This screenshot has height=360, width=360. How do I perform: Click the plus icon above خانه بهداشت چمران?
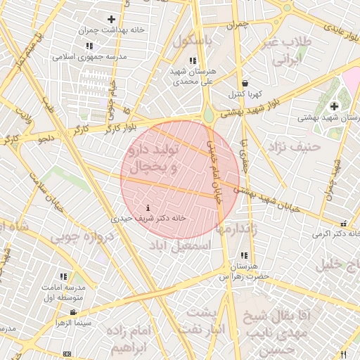(111, 19)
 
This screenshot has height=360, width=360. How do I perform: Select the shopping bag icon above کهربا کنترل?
(244, 83)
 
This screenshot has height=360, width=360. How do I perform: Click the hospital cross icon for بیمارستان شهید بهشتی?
(334, 106)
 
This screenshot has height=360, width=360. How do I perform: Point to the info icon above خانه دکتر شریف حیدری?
(148, 208)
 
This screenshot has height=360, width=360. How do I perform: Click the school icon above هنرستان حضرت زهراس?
(244, 255)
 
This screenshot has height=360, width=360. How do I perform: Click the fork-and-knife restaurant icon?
(344, 354)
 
